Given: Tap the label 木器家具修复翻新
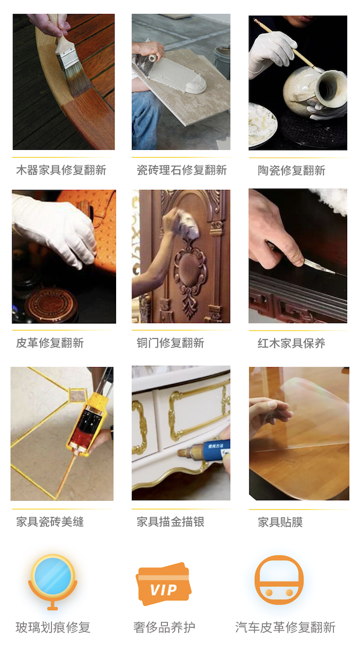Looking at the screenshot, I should pyautogui.click(x=61, y=170).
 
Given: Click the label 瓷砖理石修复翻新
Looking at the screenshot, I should pyautogui.click(x=182, y=170).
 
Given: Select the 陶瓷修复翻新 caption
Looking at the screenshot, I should pyautogui.click(x=291, y=170).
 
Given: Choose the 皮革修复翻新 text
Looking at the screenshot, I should pyautogui.click(x=50, y=343).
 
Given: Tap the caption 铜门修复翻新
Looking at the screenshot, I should pyautogui.click(x=171, y=343).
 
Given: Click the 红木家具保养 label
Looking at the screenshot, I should pyautogui.click(x=291, y=343).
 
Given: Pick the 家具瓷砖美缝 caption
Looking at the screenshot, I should pyautogui.click(x=50, y=522).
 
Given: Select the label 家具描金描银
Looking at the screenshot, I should pyautogui.click(x=171, y=522).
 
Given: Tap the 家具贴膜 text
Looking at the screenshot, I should pyautogui.click(x=280, y=522).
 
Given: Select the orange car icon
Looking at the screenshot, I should pyautogui.click(x=279, y=580).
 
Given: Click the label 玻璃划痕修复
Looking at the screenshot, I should pyautogui.click(x=53, y=628).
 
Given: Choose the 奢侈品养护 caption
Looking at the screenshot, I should pyautogui.click(x=164, y=628).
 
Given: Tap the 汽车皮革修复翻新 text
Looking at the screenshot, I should pyautogui.click(x=285, y=628).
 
